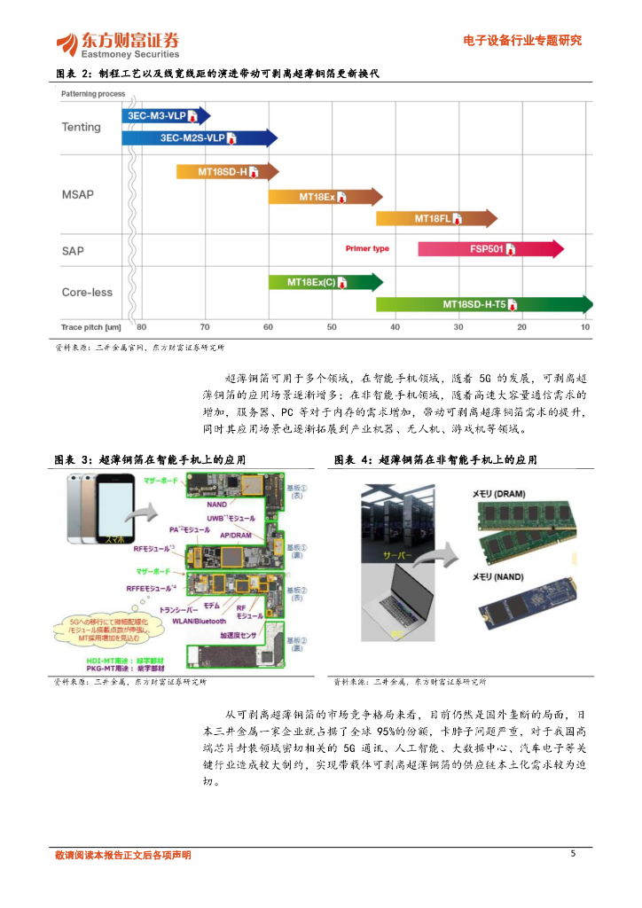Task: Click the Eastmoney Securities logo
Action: tap(117, 43)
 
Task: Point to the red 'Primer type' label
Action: tap(367, 249)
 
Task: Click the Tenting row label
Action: tap(82, 127)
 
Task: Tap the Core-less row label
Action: tap(87, 292)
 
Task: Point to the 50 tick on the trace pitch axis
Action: tap(332, 328)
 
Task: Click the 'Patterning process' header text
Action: tap(93, 93)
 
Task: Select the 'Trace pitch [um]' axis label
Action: tap(90, 328)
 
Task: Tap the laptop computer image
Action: tap(399, 607)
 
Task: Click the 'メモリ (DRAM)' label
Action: tap(497, 492)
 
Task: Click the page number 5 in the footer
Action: tap(573, 854)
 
